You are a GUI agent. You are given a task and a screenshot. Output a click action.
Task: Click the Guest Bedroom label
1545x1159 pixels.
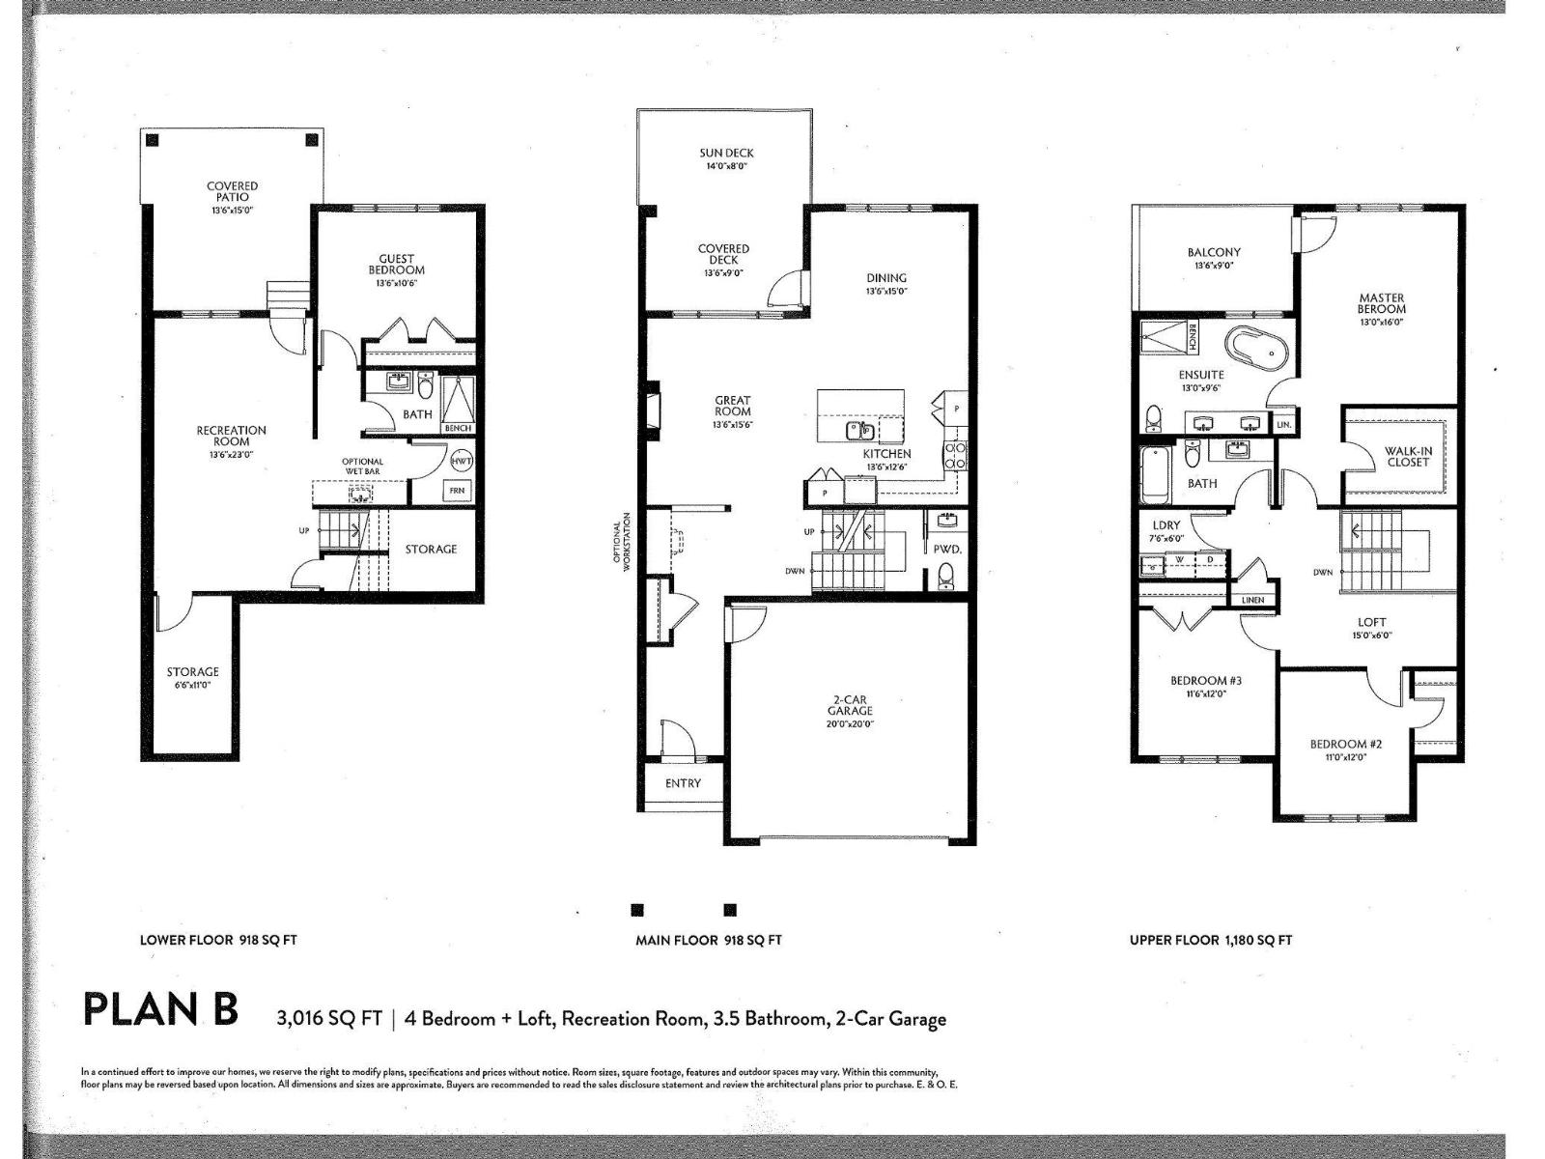click(396, 264)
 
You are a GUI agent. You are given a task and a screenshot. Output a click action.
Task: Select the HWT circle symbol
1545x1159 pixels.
click(462, 461)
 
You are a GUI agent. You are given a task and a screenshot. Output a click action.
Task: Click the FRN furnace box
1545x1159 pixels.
click(457, 491)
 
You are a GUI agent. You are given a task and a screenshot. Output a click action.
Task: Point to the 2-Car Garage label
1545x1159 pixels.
click(849, 705)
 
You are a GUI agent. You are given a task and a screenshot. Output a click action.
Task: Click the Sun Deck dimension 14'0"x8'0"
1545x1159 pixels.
click(726, 166)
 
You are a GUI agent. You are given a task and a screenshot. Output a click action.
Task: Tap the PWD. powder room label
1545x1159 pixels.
click(947, 549)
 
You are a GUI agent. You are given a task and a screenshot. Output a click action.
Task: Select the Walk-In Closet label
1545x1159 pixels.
click(1408, 456)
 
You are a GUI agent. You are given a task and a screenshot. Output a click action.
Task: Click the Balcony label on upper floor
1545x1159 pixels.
click(1214, 252)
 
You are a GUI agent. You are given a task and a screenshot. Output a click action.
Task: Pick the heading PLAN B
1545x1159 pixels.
click(160, 1009)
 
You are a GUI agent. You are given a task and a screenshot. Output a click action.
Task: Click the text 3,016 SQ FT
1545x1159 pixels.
click(328, 1019)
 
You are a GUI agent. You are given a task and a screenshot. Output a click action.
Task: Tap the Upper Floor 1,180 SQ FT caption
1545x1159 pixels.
click(1210, 940)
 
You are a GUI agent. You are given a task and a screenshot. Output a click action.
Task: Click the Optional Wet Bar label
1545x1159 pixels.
click(362, 466)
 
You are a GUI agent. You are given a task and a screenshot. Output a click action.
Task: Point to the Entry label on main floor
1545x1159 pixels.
click(683, 783)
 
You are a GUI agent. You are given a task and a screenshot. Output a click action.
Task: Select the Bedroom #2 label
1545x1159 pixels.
click(1345, 744)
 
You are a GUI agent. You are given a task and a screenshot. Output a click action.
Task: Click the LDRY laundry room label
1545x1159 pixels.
click(1166, 525)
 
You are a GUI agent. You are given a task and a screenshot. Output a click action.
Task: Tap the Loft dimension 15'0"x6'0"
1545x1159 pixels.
click(1371, 636)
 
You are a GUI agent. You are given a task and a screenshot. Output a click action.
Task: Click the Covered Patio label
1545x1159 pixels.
click(232, 191)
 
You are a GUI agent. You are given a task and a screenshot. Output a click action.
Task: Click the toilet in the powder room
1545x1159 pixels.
click(946, 576)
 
